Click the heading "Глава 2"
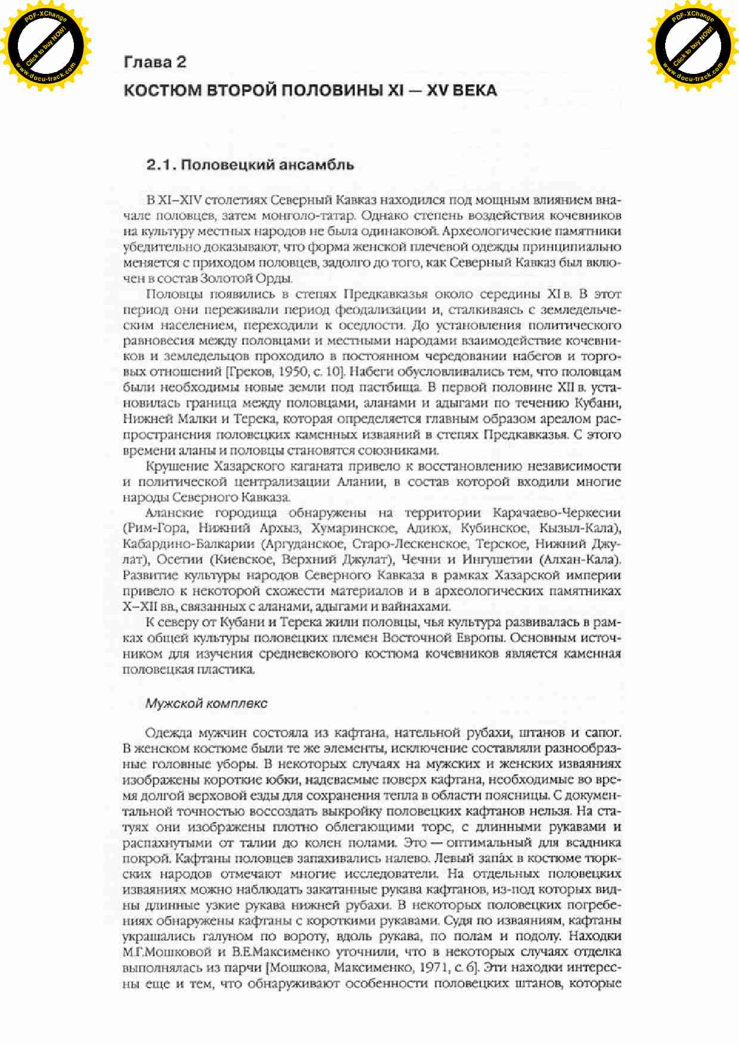pyautogui.click(x=155, y=62)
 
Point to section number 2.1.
pyautogui.click(x=160, y=165)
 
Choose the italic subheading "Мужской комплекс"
pyautogui.click(x=206, y=704)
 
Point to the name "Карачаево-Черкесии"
pyautogui.click(x=556, y=513)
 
